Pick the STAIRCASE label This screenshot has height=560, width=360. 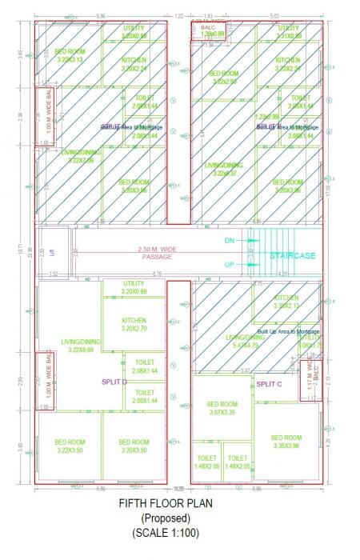pyautogui.click(x=292, y=256)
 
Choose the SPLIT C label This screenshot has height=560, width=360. pyautogui.click(x=270, y=385)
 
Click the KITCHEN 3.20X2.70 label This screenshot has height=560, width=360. pyautogui.click(x=134, y=324)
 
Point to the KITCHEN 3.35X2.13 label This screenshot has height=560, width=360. pyautogui.click(x=286, y=301)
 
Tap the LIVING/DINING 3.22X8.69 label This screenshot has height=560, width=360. pyautogui.click(x=70, y=346)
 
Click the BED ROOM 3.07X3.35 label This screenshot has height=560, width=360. pyautogui.click(x=223, y=408)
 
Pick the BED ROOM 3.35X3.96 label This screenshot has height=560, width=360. pyautogui.click(x=286, y=442)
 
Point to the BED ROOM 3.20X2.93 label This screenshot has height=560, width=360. pyautogui.click(x=224, y=77)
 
